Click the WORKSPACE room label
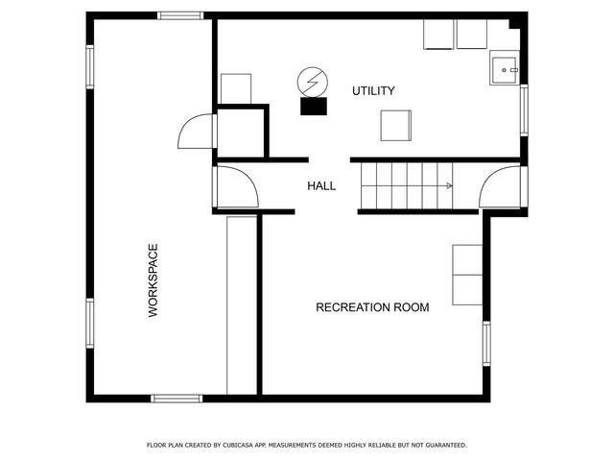point(153,280)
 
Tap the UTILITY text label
point(373,91)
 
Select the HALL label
point(321,185)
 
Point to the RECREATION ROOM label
point(372,307)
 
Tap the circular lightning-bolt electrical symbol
point(311,80)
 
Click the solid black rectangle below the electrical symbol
point(313,107)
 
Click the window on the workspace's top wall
point(180,15)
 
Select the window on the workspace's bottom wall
point(177,398)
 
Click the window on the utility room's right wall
point(524,108)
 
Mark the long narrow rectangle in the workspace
point(242,303)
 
